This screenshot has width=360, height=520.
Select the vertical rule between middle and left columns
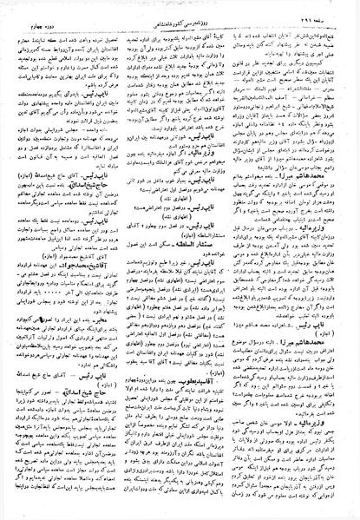[x=122, y=260]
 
